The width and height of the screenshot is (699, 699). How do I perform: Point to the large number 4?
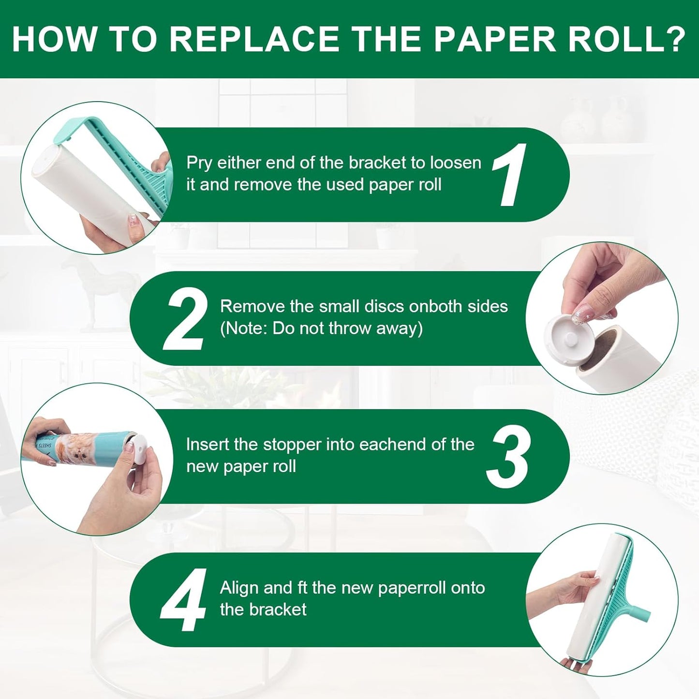[x=184, y=600]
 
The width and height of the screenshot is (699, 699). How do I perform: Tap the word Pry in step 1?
[x=199, y=164]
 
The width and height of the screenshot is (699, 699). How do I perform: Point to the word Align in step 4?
[x=239, y=588]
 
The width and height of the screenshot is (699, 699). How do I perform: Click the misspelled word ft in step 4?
[x=299, y=588]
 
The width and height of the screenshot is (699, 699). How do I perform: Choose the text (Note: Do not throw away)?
[x=321, y=328]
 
